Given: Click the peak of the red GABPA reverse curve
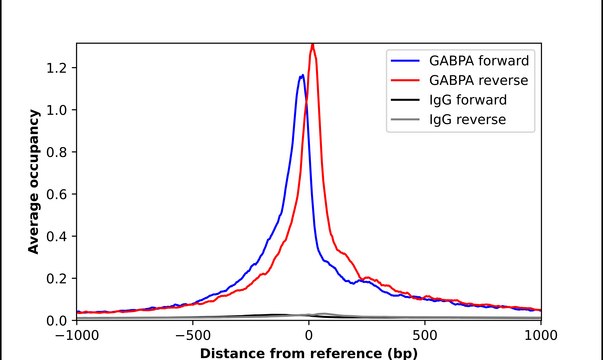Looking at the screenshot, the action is click(313, 45).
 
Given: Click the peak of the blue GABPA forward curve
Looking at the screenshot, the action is click(303, 75).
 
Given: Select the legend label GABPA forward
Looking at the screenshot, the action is click(479, 61).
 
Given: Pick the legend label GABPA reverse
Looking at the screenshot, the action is click(478, 80).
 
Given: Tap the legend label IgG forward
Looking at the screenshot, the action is click(468, 100).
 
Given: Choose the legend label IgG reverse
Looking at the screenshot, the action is click(467, 120).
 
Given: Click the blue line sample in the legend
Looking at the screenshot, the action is click(405, 61).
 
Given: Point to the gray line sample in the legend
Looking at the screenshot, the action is click(405, 120).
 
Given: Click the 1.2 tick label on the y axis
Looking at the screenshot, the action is click(56, 68).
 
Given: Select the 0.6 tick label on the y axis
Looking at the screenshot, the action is click(56, 194).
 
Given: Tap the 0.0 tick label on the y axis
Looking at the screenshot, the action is click(56, 320).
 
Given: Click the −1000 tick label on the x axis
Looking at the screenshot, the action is click(77, 336).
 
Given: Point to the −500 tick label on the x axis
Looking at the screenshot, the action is click(193, 336).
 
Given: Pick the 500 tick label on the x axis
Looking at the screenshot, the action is click(425, 336).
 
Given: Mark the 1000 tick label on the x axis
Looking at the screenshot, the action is click(541, 336).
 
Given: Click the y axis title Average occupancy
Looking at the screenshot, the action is click(34, 182).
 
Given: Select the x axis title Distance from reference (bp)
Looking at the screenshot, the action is click(308, 353).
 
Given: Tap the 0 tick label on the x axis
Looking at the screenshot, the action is click(309, 336).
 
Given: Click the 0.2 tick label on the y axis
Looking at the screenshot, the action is click(56, 278).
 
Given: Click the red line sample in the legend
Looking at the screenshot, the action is click(405, 80).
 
